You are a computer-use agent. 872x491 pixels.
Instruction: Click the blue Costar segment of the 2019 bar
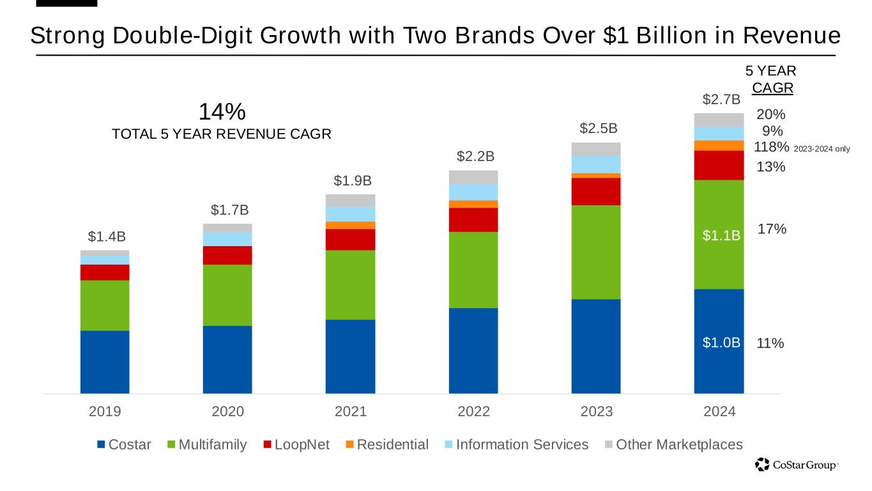coord(105,361)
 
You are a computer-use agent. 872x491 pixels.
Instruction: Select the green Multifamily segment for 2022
coord(473,270)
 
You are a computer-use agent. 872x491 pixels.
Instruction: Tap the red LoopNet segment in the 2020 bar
coord(227,255)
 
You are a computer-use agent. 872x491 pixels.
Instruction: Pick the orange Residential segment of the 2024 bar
coord(719,146)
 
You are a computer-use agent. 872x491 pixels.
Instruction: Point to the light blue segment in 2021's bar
coord(350,214)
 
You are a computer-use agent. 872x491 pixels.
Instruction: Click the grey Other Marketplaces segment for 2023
coord(596,149)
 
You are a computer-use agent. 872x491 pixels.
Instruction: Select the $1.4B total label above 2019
coord(105,237)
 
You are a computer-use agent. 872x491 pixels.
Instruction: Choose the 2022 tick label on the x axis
coord(473,412)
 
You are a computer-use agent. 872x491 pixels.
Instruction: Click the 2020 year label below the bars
coord(227,412)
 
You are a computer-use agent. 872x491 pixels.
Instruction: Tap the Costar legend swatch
coord(101,444)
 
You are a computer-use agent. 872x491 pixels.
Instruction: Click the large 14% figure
coord(222,112)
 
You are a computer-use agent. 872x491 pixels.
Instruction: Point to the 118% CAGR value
coord(772,147)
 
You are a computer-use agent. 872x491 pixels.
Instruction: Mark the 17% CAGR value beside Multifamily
coord(772,229)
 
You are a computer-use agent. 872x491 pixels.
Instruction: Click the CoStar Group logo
coord(795,465)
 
